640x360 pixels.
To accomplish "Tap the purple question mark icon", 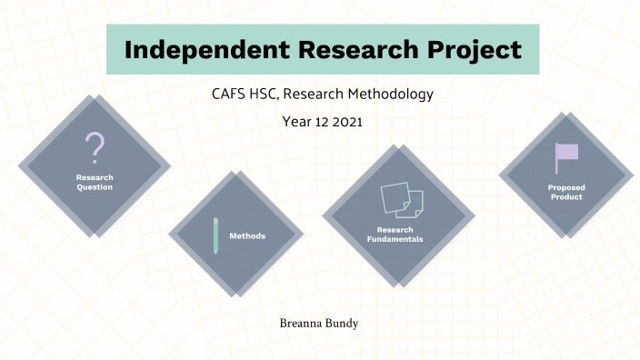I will (x=95, y=147).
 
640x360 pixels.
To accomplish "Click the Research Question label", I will (x=95, y=182).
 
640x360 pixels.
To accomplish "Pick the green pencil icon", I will (x=216, y=235).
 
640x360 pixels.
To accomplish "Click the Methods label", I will (x=247, y=235).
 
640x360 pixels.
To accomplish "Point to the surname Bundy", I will (x=346, y=321).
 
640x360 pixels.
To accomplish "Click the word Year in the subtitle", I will (x=295, y=123).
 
